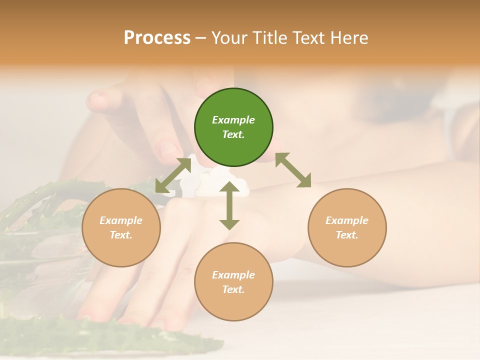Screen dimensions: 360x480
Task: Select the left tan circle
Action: [121, 227]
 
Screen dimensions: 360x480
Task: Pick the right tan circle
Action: [347, 227]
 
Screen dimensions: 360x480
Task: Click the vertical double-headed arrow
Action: [229, 206]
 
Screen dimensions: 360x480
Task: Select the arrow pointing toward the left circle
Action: [173, 174]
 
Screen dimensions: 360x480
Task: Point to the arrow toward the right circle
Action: [293, 170]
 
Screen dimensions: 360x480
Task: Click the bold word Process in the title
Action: [157, 38]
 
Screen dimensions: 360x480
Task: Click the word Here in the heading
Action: [350, 38]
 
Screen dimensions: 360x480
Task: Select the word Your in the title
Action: [228, 38]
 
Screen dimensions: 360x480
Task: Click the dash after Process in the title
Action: [201, 38]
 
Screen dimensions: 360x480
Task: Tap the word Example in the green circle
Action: [233, 120]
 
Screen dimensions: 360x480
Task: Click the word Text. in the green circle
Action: [233, 134]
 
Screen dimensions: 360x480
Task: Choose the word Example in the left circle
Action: [121, 220]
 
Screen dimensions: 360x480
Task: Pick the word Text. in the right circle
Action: [347, 235]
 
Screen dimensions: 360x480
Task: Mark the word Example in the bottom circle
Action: [233, 275]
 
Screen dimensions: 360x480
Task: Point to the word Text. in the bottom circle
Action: [233, 289]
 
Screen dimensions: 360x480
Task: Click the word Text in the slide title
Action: [309, 38]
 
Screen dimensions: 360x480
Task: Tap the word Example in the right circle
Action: [347, 220]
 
